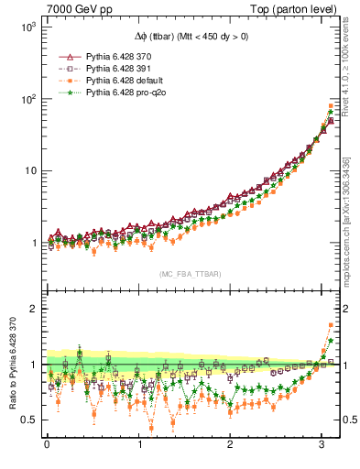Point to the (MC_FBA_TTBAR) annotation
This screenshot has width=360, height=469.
(191, 274)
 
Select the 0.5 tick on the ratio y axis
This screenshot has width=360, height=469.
(27, 420)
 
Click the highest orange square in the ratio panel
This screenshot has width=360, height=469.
(331, 325)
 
